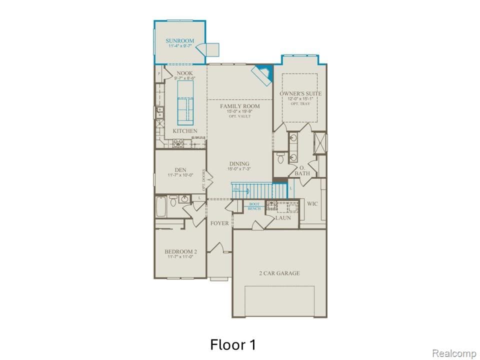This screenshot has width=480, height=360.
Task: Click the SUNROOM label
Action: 179,40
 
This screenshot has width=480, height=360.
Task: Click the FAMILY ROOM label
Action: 240,106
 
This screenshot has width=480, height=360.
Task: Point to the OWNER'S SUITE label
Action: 300,94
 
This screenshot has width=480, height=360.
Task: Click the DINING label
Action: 239,164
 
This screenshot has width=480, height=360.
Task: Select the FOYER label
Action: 219,223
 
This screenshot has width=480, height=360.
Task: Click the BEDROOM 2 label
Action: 180,251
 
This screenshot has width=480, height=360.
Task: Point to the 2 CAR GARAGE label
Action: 279,273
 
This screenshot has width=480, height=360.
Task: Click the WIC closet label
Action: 312,204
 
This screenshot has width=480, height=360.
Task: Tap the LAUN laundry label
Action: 283,218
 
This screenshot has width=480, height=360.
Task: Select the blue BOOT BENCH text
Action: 254,206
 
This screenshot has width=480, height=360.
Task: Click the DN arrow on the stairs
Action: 237,189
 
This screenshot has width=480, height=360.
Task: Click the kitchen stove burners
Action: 178,143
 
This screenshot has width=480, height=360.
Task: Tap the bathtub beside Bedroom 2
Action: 160,206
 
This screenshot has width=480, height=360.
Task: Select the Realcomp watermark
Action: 454,353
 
